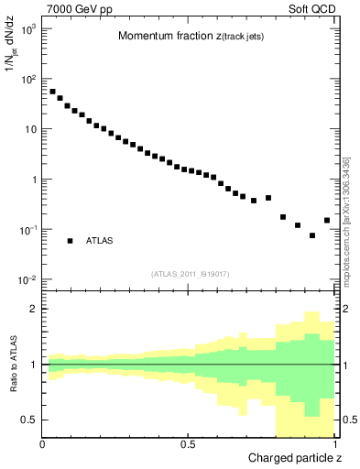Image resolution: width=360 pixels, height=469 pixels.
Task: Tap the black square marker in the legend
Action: click(x=70, y=241)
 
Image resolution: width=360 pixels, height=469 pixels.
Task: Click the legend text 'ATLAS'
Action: click(x=99, y=241)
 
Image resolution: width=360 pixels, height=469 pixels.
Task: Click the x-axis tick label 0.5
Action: click(x=188, y=443)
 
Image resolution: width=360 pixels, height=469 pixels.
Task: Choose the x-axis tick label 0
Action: click(x=43, y=443)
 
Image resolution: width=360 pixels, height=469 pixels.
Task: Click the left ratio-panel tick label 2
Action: click(x=33, y=309)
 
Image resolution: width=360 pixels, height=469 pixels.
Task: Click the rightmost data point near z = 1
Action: click(x=327, y=220)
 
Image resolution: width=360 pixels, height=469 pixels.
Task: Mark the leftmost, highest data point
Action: click(x=52, y=92)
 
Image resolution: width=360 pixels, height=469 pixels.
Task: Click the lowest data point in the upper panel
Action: click(x=312, y=235)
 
